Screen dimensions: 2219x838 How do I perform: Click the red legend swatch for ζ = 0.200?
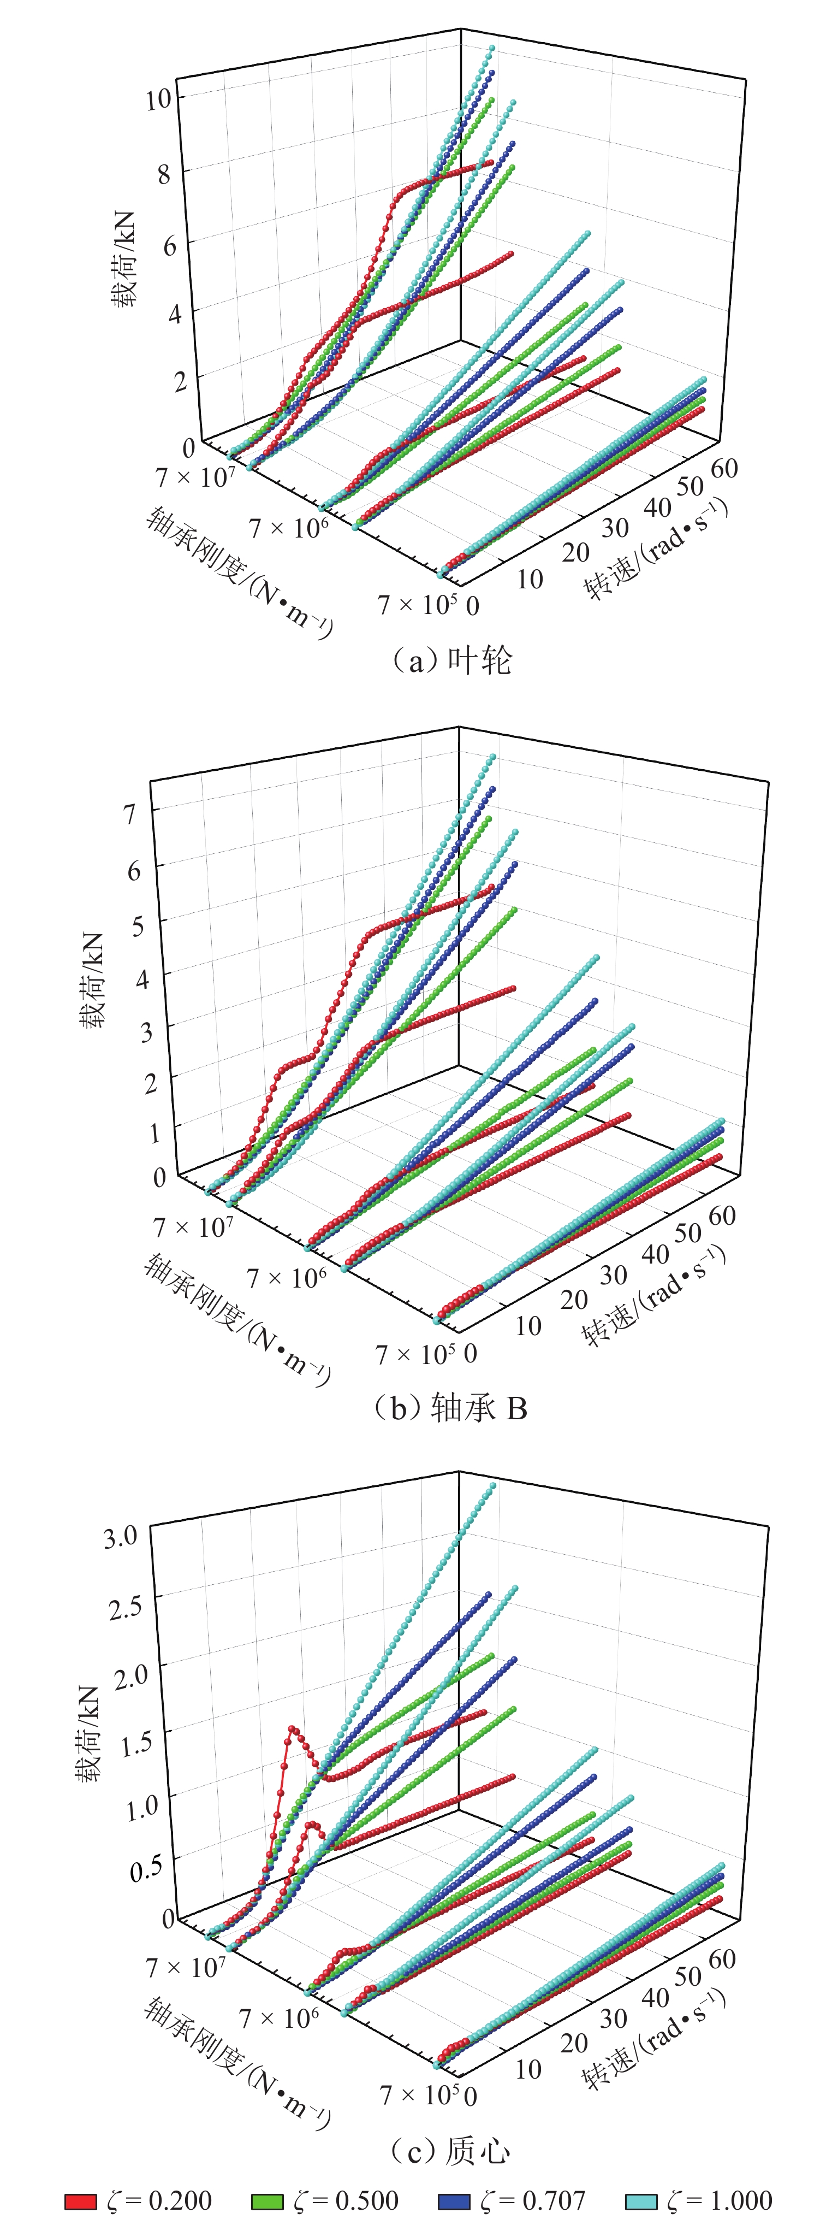click(81, 2202)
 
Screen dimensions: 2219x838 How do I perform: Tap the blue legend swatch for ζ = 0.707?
click(454, 2202)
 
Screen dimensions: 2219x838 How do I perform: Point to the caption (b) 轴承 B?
click(450, 1408)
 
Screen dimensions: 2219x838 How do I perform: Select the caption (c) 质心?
click(450, 2151)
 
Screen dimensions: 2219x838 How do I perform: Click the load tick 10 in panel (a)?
click(158, 99)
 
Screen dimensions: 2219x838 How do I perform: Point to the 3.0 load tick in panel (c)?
click(121, 1537)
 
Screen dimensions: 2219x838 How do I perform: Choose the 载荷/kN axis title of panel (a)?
click(123, 259)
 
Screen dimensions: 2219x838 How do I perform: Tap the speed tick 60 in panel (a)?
click(724, 469)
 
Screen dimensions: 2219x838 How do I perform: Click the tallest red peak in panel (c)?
click(292, 1729)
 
